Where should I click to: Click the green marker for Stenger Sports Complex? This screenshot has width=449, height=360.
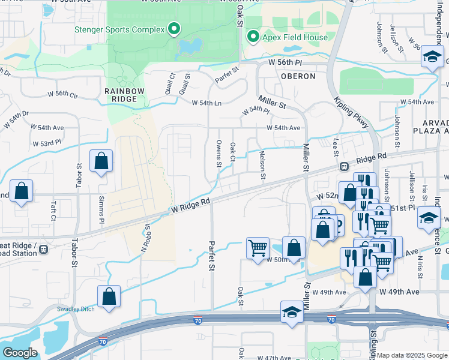click(174, 28)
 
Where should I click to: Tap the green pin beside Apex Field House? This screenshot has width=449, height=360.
click(253, 37)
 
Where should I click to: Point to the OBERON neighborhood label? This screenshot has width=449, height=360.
click(297, 76)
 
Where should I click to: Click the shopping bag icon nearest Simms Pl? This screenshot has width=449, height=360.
click(101, 161)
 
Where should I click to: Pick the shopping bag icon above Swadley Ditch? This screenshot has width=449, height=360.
click(109, 296)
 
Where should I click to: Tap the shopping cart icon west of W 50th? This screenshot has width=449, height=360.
click(258, 247)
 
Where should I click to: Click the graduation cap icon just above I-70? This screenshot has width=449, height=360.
click(292, 312)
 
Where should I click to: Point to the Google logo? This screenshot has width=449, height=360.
click(20, 352)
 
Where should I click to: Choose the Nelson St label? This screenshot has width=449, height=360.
click(262, 164)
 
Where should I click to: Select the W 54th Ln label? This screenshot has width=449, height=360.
click(206, 103)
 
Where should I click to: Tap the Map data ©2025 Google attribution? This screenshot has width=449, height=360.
click(412, 355)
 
